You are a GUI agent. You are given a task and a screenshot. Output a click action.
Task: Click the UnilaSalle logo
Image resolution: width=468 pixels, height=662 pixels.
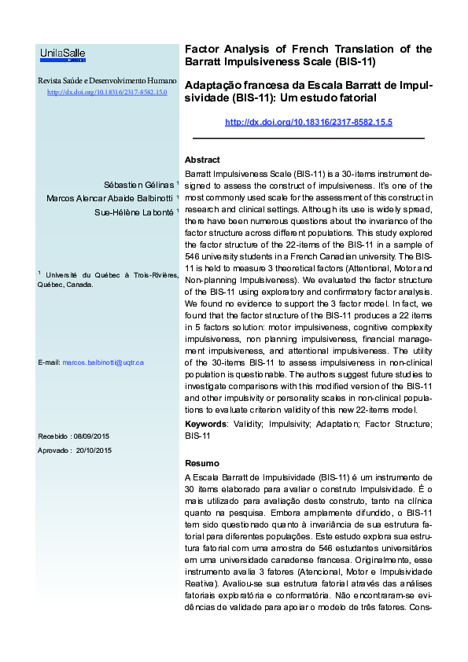point(63,54)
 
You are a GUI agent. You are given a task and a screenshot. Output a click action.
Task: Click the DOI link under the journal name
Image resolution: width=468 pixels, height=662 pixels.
point(107,92)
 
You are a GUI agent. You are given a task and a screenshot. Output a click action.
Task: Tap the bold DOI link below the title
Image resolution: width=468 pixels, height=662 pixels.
point(308,122)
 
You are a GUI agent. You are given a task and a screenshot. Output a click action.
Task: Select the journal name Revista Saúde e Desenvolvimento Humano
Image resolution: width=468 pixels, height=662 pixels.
point(107,81)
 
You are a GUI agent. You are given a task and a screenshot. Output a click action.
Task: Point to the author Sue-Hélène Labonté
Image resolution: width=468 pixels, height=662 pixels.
point(134,211)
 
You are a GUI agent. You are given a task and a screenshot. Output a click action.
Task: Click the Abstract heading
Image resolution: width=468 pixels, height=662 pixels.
point(202,160)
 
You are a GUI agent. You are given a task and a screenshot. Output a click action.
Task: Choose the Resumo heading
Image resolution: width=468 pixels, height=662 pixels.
point(201,463)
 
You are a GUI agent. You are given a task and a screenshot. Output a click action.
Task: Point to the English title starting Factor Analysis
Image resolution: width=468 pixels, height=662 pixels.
point(308,54)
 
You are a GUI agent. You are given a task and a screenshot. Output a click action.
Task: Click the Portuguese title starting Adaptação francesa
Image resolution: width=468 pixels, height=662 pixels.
point(308,91)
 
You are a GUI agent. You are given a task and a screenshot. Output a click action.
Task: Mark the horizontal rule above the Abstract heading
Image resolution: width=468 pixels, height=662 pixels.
point(308,139)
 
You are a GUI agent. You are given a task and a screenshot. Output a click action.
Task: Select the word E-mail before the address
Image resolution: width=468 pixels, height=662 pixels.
point(49,362)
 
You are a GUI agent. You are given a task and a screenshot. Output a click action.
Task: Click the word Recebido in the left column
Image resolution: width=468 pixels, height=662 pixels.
point(53,436)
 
